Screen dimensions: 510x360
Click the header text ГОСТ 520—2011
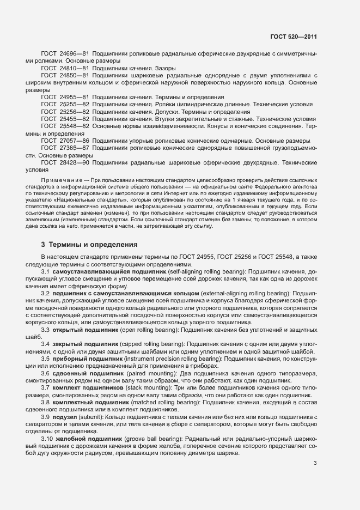click(x=293, y=37)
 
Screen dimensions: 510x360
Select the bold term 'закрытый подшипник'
click(x=86, y=344)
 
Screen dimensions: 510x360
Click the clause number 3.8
click(x=46, y=402)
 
